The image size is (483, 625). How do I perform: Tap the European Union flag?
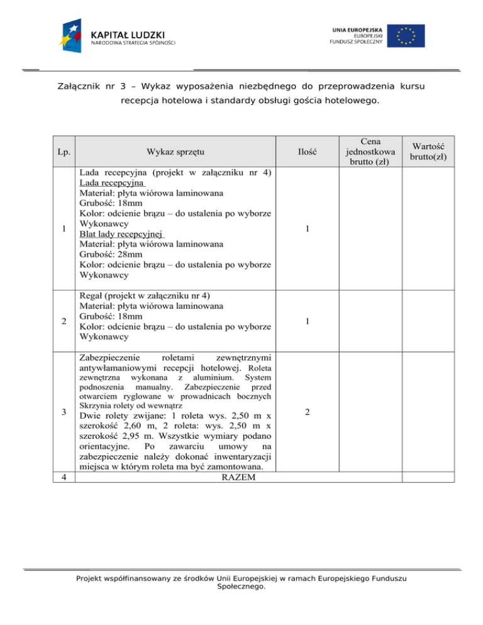(406, 36)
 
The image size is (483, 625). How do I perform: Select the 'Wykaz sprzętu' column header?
(175, 152)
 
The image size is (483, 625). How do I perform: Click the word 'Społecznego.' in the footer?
(241, 587)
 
